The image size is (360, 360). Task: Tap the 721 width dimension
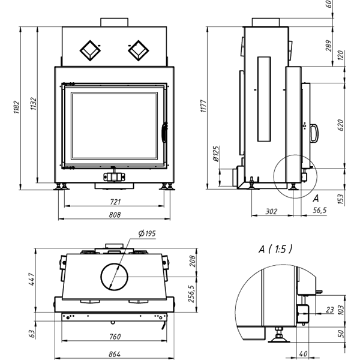point(115,202)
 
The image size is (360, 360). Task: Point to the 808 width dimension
point(115,215)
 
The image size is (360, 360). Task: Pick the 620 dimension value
point(340,125)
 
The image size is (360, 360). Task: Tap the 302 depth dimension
point(271,211)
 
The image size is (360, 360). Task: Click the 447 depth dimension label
point(31,280)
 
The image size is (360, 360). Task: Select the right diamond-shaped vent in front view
point(138,50)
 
